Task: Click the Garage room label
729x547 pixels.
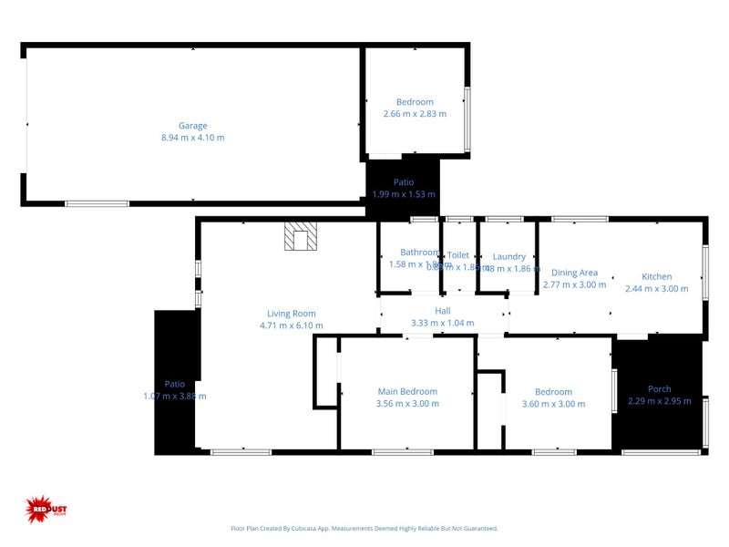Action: coord(192,126)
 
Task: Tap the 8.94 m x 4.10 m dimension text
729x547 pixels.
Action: coord(192,138)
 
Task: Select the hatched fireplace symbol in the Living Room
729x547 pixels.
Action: coord(301,237)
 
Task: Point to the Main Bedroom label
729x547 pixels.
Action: coord(407,392)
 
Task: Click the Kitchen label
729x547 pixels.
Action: coord(656,276)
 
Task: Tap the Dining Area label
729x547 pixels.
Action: coord(574,273)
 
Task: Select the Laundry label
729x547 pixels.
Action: coord(508,257)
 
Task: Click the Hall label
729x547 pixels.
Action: coord(443,311)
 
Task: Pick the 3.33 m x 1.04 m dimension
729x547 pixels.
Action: coord(443,323)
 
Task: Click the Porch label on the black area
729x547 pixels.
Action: coord(659,389)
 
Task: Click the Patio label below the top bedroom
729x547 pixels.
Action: coord(404,182)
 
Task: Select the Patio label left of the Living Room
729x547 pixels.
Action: coord(174,384)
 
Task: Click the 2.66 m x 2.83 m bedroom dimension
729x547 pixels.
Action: coord(415,114)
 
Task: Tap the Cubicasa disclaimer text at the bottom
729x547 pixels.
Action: coord(364,528)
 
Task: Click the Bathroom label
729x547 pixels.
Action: coord(419,253)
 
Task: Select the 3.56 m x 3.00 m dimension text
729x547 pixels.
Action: coord(407,404)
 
